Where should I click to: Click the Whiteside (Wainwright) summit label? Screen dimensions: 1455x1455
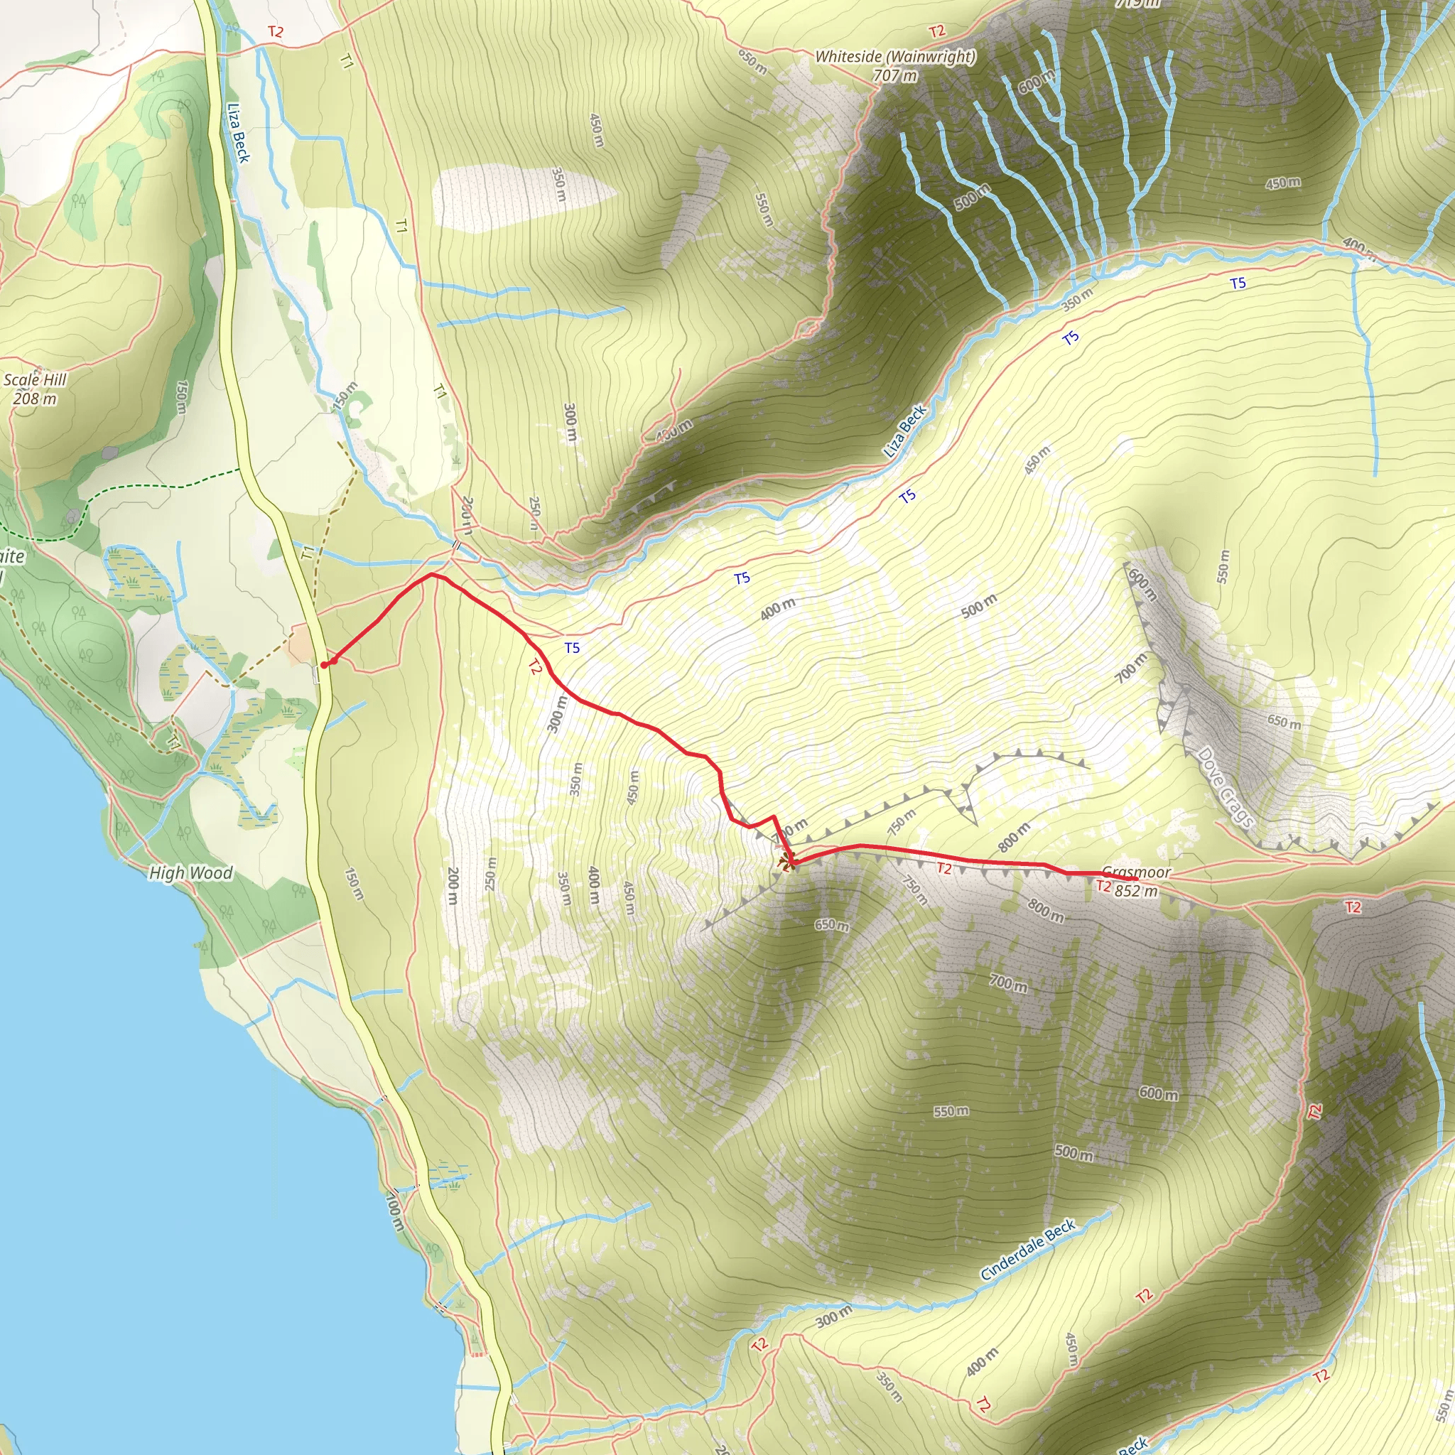[x=894, y=57]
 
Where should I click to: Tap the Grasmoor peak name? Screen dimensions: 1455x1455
[x=1136, y=872]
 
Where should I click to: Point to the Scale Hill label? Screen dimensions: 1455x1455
[x=35, y=379]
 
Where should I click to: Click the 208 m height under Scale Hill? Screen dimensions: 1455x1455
[x=35, y=399]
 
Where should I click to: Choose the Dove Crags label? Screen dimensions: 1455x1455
[x=1226, y=787]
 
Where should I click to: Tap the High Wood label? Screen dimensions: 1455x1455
[x=190, y=873]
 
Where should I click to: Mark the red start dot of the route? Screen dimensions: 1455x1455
[x=324, y=665]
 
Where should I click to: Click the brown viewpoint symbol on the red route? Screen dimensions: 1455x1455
[x=786, y=862]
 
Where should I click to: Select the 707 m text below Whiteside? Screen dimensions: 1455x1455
[x=894, y=75]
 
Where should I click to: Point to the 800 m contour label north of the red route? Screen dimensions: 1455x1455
[x=1014, y=838]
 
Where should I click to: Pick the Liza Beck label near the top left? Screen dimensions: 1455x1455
[x=238, y=133]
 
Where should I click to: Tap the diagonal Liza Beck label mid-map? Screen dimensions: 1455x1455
[x=904, y=431]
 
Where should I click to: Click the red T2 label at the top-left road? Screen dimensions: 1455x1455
[x=275, y=33]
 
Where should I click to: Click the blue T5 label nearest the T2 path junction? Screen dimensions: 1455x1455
[x=572, y=648]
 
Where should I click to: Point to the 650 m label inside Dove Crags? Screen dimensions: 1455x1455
[x=1283, y=723]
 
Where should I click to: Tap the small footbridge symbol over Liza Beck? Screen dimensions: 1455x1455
[x=456, y=544]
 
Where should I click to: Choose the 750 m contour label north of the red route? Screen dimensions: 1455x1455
[x=901, y=823]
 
